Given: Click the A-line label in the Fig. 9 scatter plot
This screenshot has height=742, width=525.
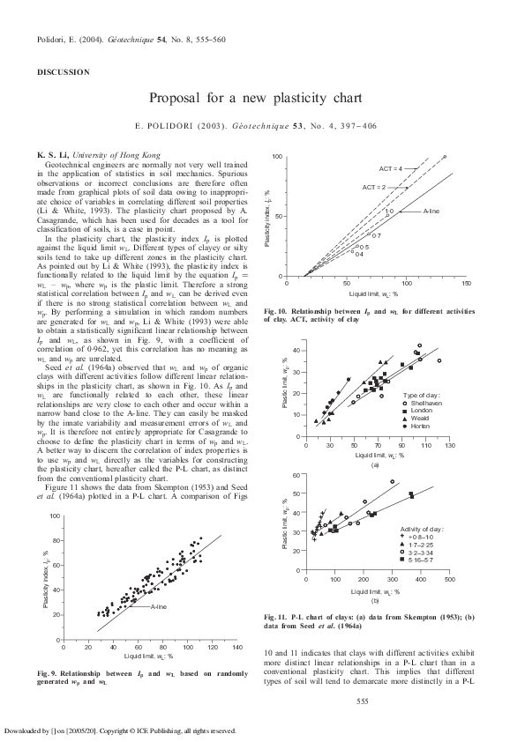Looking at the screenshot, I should pos(159,607).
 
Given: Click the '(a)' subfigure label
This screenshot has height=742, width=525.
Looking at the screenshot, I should pos(375,464).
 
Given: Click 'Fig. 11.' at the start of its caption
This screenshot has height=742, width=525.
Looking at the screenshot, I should pos(279,616).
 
